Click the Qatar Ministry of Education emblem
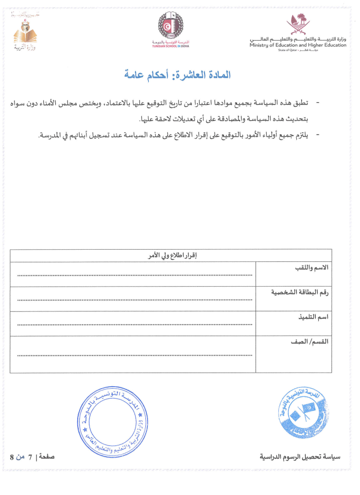point(297,24)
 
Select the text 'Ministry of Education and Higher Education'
point(298,45)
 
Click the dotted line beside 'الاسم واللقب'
point(135,275)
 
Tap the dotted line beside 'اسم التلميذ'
point(135,324)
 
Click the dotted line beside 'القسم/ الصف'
point(135,356)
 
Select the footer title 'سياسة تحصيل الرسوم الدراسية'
point(300,457)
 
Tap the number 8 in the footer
point(12,457)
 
